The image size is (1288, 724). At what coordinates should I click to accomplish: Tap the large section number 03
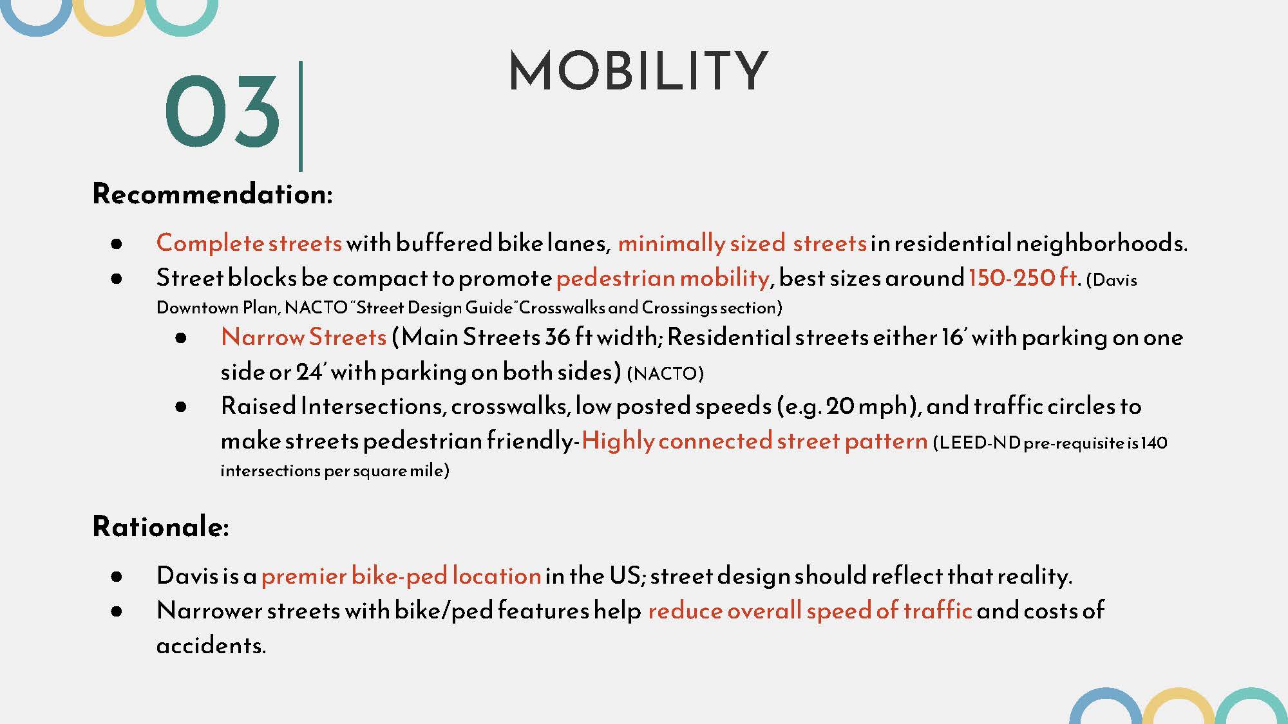(222, 111)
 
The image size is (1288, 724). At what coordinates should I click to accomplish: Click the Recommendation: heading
(213, 194)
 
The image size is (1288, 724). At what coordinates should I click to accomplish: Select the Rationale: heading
(161, 526)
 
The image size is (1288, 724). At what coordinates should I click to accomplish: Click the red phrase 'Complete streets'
(249, 243)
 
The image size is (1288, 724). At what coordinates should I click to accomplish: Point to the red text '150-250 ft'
(1023, 277)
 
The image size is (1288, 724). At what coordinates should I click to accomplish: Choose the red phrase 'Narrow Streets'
(303, 337)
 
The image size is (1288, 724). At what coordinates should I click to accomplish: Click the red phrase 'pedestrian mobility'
(663, 278)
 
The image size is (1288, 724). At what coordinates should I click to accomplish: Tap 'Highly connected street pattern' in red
(754, 441)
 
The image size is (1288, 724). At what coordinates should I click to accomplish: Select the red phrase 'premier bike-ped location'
(401, 575)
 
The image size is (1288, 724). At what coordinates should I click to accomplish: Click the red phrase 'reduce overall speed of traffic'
(810, 610)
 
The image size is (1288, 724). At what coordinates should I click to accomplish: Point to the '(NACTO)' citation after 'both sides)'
(665, 373)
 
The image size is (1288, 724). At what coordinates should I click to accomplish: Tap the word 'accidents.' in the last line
(211, 645)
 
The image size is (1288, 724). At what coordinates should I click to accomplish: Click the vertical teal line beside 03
(301, 116)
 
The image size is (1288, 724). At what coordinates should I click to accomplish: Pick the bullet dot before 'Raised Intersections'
(181, 407)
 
